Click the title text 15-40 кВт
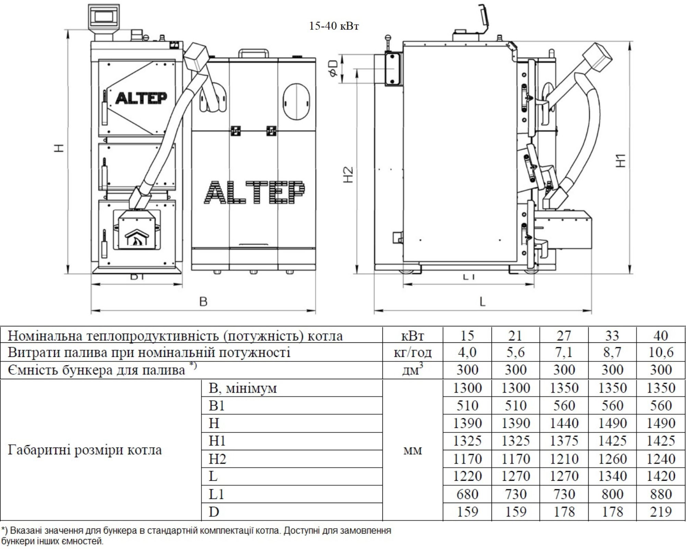click(334, 26)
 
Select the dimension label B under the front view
click(203, 302)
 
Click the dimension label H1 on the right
click(621, 161)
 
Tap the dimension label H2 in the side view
click(348, 175)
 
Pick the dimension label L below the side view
click(483, 302)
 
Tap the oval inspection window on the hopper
click(296, 101)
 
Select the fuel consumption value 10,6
click(661, 352)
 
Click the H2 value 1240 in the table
click(661, 459)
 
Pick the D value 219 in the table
click(661, 512)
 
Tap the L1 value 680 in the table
click(467, 494)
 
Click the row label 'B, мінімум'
click(243, 388)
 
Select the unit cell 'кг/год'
click(413, 352)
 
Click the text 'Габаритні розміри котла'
click(85, 450)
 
